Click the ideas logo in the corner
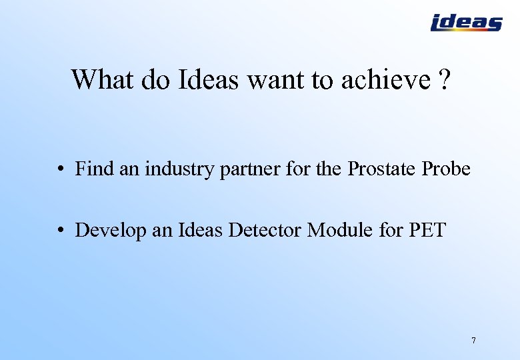[466, 23]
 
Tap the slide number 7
[473, 341]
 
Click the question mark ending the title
[445, 80]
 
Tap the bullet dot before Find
[60, 170]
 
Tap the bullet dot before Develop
[60, 231]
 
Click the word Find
[95, 169]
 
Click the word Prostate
[382, 169]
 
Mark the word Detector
[265, 230]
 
